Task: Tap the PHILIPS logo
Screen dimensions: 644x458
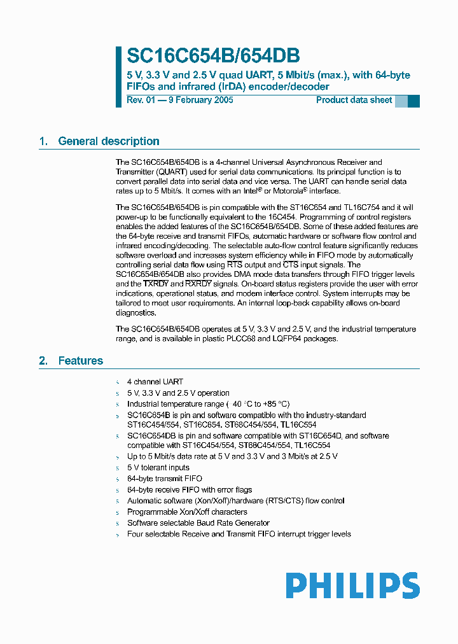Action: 352,585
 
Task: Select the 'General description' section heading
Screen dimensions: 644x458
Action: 108,141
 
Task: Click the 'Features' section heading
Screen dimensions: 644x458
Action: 80,361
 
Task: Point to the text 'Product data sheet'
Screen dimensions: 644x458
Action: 354,101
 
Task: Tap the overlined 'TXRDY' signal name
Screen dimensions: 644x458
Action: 156,283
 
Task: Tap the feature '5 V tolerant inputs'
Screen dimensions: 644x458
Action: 158,468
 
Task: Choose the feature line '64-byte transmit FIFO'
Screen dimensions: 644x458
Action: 164,479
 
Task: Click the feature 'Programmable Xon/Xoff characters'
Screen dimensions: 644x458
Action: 187,512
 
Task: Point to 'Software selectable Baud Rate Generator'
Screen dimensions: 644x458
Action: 198,523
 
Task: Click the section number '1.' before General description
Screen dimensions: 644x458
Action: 43,141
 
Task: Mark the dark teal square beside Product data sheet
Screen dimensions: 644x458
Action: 413,101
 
